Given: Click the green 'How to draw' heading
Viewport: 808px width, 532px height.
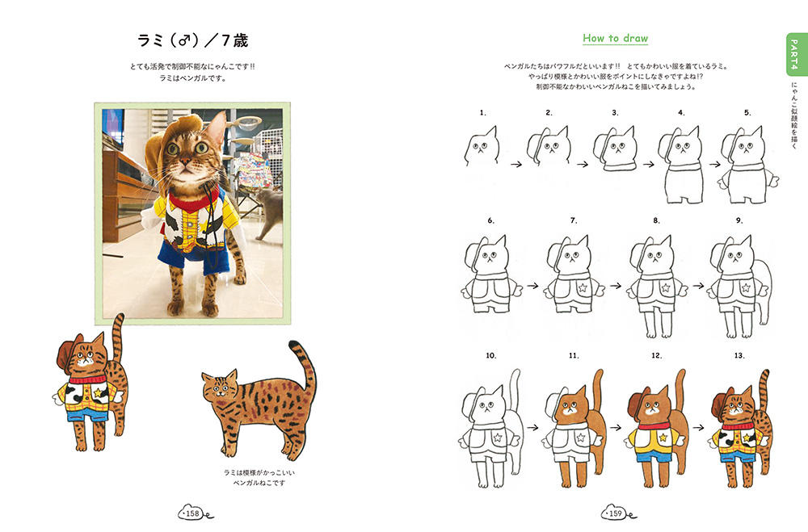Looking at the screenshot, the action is pos(615,38).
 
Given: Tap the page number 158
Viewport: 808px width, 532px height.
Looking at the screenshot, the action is pos(192,513).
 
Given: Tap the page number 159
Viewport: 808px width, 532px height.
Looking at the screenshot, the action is pos(615,513).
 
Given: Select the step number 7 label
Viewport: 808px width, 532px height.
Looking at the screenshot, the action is pos(574,220).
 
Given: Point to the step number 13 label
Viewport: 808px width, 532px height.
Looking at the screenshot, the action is pos(739,355).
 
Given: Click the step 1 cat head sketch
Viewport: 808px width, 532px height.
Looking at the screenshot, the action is pos(482,146).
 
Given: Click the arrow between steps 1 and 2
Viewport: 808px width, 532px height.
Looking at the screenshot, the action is pos(516,165).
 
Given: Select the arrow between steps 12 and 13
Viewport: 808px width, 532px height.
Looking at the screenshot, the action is pos(699,427).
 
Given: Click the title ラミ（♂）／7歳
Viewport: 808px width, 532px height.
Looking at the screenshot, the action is pos(193,40).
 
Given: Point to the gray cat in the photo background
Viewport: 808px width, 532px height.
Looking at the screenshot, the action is pos(269,212).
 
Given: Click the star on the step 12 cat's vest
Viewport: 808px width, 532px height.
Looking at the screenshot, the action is pos(663,438).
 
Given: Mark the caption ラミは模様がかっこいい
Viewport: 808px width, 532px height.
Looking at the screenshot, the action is pos(259,472).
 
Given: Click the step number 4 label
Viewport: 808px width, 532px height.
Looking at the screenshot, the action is pos(681,112).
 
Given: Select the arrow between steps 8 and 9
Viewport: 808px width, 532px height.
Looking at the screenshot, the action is pos(699,285).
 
